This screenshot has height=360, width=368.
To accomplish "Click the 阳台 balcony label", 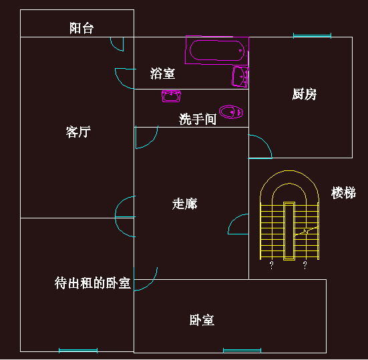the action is pos(81,28).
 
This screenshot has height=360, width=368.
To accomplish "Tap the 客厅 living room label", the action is pos(78,132).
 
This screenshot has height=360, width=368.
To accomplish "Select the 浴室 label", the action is pos(162,73).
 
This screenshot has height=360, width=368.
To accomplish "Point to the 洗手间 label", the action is pos(198,119).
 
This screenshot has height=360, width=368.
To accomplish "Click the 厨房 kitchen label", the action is pos(305,94).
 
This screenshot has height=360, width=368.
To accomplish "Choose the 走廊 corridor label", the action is pos(185,204).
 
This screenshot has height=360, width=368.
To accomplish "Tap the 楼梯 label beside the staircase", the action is pos(343,193).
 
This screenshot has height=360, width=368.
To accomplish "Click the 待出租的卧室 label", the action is pos(92,283).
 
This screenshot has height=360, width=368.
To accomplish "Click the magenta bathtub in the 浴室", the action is pos(217,50).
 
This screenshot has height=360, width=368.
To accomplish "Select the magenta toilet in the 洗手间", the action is pos(230,112).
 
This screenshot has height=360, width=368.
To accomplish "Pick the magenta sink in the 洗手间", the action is pos(172,96).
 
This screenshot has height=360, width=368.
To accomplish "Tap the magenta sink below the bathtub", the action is pos(240,77).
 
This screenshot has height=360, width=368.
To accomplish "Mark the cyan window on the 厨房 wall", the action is pos(312,35).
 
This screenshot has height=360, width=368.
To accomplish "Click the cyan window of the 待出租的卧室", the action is pos(78,351).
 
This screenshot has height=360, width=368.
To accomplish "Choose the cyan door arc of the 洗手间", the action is pos(152,142).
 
